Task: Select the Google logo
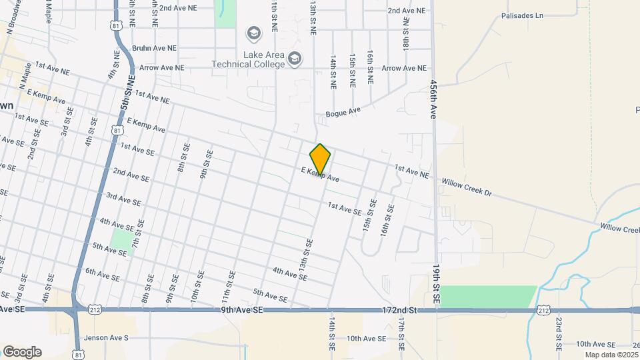click(x=22, y=352)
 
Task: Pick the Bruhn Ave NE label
click(x=154, y=48)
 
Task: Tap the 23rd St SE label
click(x=559, y=333)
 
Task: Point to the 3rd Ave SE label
click(x=123, y=199)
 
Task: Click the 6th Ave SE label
click(x=103, y=274)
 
